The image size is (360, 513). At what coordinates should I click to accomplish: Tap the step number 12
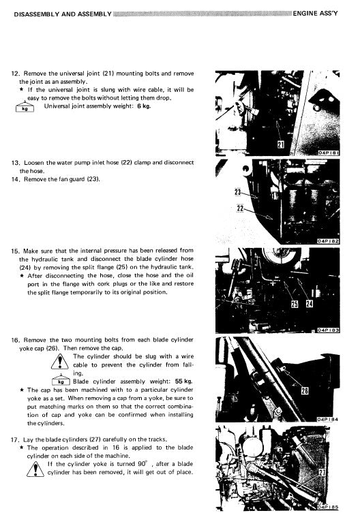pyautogui.click(x=15, y=73)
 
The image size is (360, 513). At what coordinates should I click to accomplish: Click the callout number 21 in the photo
pyautogui.click(x=280, y=145)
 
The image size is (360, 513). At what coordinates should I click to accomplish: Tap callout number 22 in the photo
pyautogui.click(x=240, y=208)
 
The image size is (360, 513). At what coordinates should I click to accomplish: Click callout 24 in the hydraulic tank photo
pyautogui.click(x=309, y=304)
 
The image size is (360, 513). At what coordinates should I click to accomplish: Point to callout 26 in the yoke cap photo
pyautogui.click(x=305, y=390)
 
